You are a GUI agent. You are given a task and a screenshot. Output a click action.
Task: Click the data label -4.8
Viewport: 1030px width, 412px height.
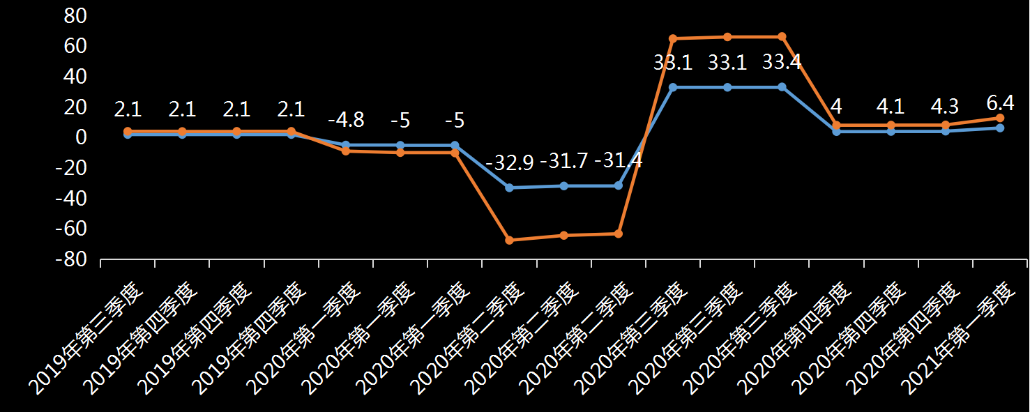click(x=346, y=120)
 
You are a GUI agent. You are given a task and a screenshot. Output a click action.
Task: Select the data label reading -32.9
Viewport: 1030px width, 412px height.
click(x=509, y=163)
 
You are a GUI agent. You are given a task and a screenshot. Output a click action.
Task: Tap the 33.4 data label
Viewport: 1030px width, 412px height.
click(x=782, y=63)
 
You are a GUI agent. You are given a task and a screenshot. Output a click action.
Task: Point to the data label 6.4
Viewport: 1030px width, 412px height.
click(x=1000, y=104)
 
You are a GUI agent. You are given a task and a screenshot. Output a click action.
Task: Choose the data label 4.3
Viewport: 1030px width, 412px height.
click(x=945, y=107)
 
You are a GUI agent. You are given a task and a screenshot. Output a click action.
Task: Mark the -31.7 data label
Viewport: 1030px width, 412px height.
click(x=564, y=161)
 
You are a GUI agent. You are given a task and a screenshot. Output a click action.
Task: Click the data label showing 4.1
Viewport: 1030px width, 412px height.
click(x=891, y=107)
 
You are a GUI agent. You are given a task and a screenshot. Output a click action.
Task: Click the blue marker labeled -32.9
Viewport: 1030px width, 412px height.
click(x=509, y=188)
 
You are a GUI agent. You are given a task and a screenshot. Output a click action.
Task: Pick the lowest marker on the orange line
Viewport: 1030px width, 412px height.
click(x=509, y=240)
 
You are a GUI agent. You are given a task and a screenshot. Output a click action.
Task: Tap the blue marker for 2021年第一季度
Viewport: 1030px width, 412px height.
click(x=1000, y=128)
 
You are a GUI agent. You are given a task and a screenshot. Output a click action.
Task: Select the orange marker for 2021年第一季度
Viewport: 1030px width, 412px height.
click(x=1000, y=118)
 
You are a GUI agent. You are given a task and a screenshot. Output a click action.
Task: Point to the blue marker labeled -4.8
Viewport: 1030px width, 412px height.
click(x=346, y=145)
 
